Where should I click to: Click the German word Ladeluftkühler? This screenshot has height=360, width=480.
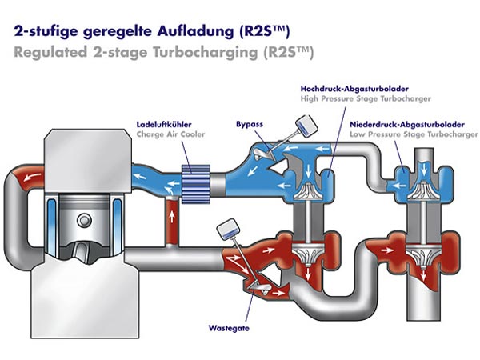(x=162, y=126)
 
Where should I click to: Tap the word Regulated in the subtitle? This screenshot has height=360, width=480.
(x=45, y=53)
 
